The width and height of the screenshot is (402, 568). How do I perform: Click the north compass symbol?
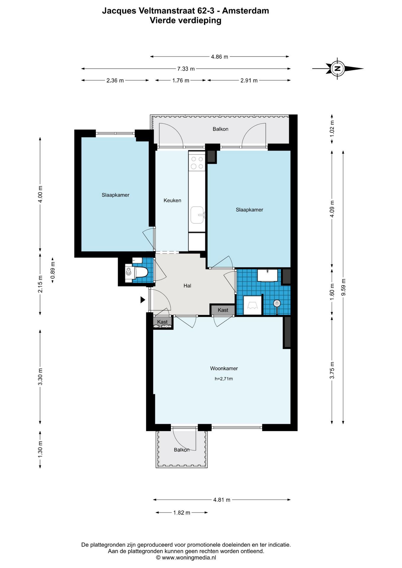[337, 69]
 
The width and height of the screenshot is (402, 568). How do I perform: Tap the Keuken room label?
[172, 200]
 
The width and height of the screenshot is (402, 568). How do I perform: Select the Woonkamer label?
[224, 368]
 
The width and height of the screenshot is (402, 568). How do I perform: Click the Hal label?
[187, 285]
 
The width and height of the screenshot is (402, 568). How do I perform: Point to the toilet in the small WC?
[136, 271]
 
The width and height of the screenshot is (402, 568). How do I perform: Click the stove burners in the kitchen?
[197, 163]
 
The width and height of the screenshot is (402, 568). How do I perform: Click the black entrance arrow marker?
[143, 300]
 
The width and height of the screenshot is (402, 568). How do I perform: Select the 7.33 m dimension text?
[186, 69]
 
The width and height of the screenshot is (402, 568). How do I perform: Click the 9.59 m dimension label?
[343, 287]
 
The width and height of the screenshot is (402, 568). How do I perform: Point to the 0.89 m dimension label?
[53, 270]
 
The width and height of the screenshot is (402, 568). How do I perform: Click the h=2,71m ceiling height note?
[224, 379]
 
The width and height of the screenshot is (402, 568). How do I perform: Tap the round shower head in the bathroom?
[277, 303]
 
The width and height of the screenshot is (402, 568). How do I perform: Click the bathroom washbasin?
[267, 275]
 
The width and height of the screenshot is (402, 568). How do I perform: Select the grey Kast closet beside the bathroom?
[223, 310]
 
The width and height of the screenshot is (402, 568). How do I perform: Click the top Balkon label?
[220, 129]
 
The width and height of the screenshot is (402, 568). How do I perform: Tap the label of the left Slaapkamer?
[115, 195]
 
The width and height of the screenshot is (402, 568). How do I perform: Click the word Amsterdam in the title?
[245, 11]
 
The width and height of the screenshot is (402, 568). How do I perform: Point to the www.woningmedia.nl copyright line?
[186, 558]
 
